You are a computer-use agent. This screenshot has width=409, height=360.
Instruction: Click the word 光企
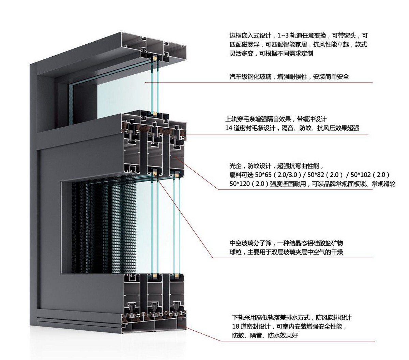pyautogui.click(x=235, y=167)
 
